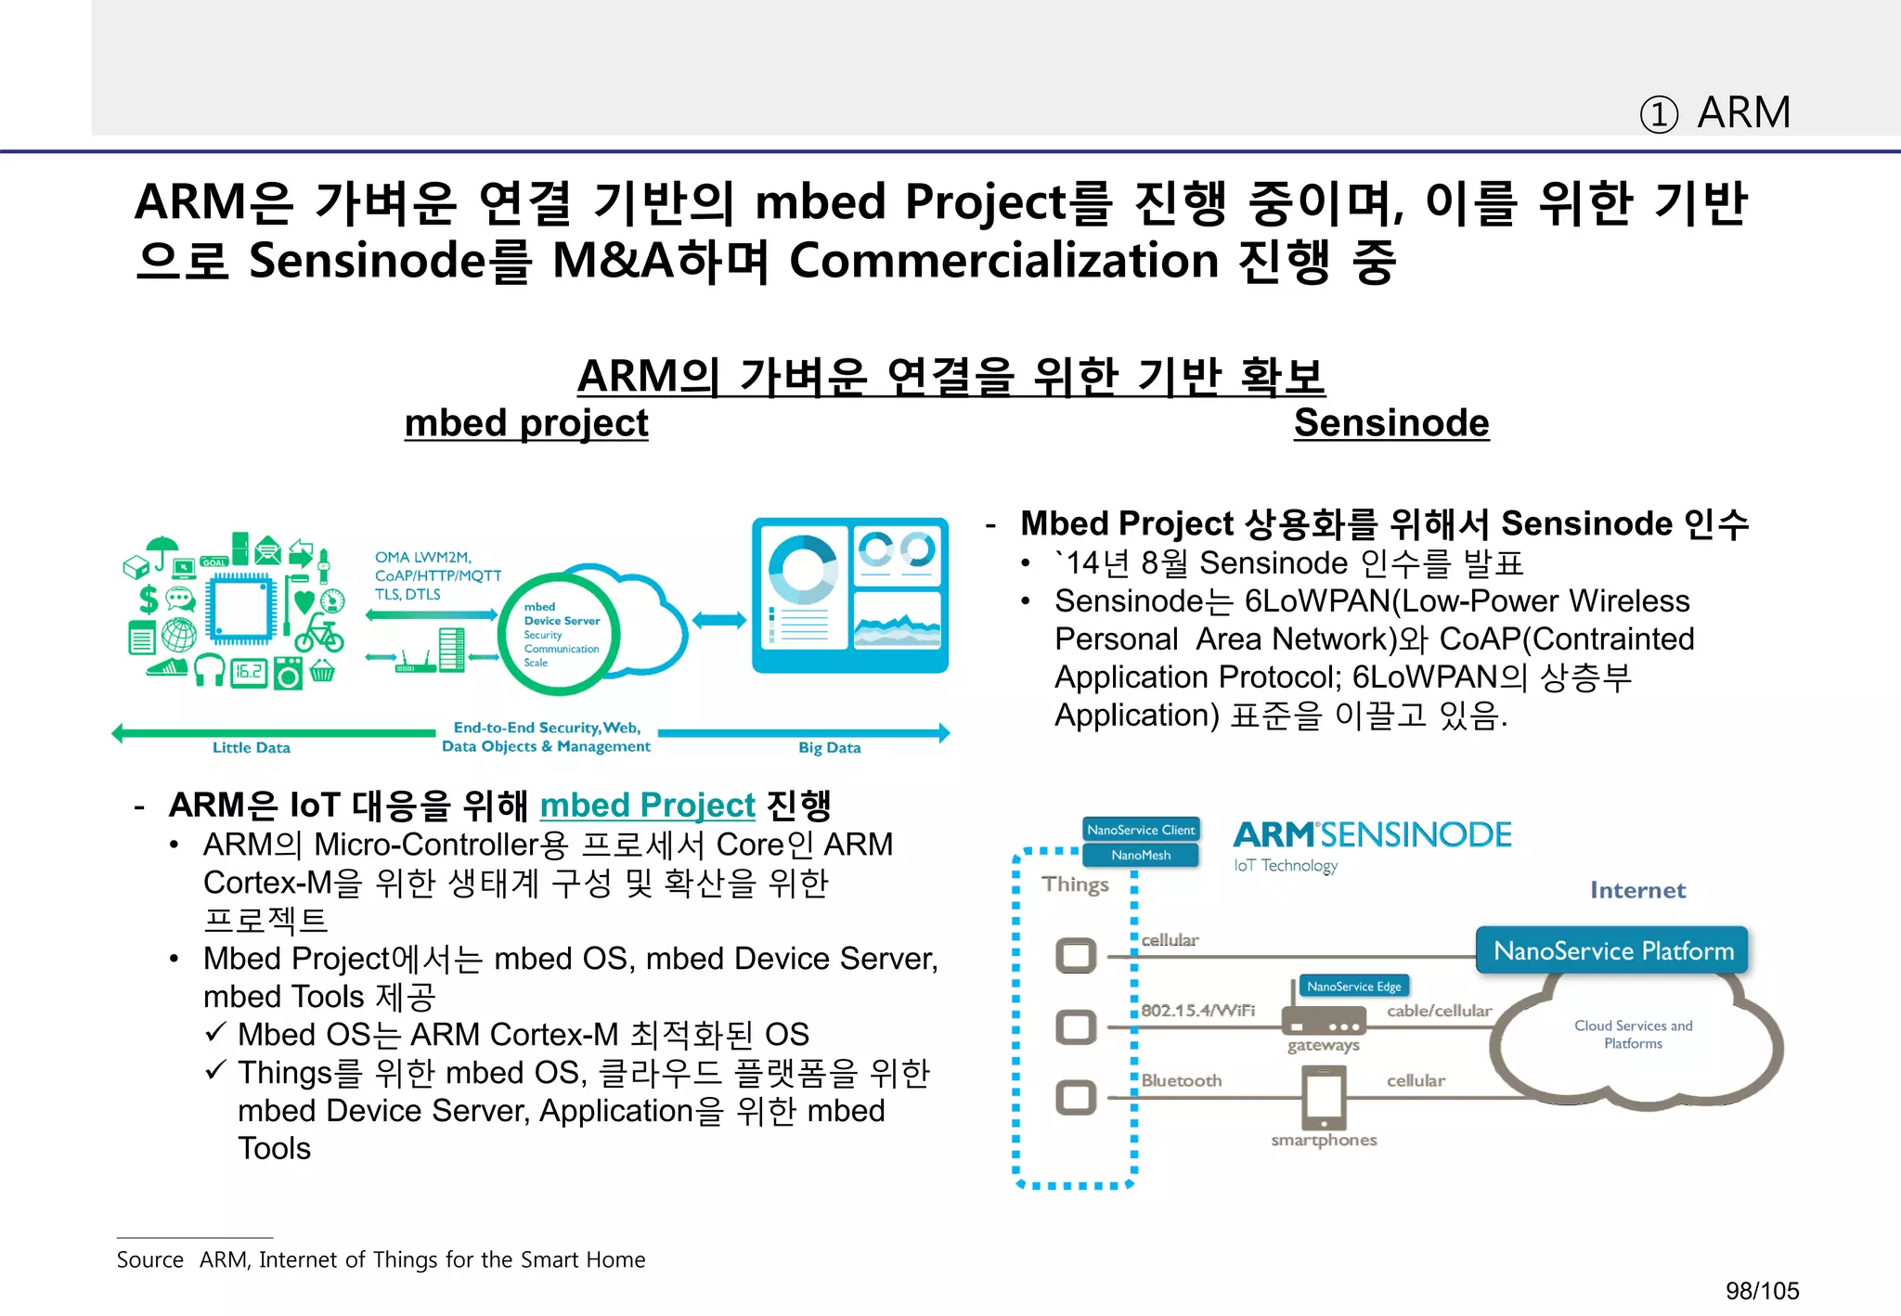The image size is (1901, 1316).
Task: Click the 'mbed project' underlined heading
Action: (x=526, y=423)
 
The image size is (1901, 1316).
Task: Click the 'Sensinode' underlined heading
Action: (x=1390, y=423)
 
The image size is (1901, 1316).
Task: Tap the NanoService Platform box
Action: (x=1612, y=950)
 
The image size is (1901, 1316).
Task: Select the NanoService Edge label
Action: (x=1353, y=986)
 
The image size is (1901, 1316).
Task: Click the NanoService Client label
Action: (x=1141, y=830)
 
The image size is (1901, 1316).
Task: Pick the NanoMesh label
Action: (x=1141, y=855)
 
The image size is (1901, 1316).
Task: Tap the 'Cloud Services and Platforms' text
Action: (x=1633, y=1034)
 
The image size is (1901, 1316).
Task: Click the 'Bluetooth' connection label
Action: (x=1181, y=1080)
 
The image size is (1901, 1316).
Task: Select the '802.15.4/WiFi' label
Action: (x=1197, y=1010)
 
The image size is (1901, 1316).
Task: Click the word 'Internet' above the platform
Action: (x=1637, y=890)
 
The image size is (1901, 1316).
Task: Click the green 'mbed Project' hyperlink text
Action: (x=647, y=805)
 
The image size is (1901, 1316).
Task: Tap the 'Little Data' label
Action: (x=252, y=747)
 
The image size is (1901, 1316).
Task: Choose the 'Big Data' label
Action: (x=829, y=747)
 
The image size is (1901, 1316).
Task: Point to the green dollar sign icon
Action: (x=149, y=599)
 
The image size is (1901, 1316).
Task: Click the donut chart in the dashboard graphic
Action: (x=803, y=569)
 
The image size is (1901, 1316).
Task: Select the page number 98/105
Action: (x=1761, y=1290)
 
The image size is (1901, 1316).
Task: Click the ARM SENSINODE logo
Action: (x=1371, y=835)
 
